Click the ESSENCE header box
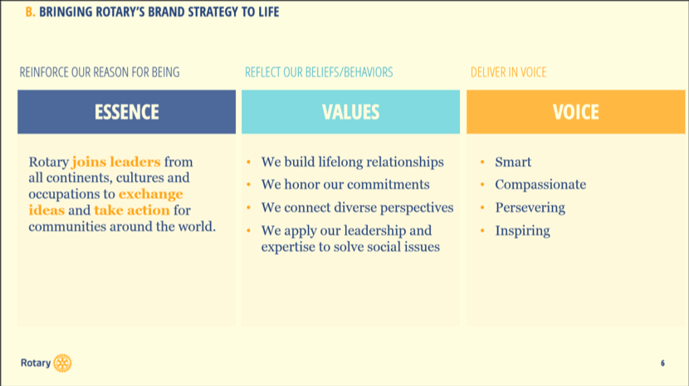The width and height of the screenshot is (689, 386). [126, 112]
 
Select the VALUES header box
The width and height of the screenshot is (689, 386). [350, 112]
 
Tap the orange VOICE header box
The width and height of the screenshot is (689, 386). [575, 112]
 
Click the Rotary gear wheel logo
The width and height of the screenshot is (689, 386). [62, 363]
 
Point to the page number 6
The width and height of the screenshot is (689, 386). [662, 363]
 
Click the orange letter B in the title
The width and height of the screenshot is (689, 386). [29, 12]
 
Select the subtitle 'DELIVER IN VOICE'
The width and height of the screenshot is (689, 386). [508, 72]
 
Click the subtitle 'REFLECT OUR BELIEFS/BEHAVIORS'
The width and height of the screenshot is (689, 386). [319, 72]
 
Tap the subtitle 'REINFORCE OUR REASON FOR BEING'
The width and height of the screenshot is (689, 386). [100, 72]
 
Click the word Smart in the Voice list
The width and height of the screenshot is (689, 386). [513, 162]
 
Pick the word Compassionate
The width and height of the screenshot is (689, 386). [540, 184]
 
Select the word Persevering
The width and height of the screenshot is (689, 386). [530, 208]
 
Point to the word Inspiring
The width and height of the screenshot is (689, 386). [522, 231]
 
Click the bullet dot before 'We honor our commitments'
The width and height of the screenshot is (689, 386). [249, 184]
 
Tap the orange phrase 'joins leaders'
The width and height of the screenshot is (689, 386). [116, 162]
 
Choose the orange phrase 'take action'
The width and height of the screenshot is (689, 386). [132, 211]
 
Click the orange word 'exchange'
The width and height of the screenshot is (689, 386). [151, 194]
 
